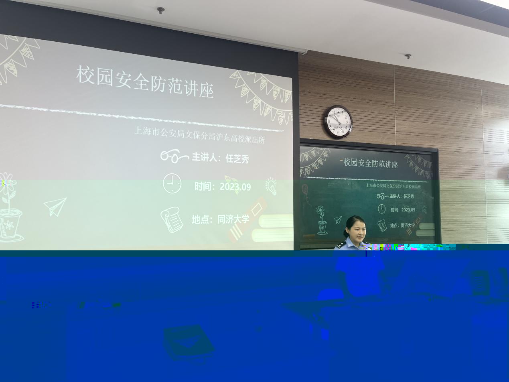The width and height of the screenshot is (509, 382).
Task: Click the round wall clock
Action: point(338,122)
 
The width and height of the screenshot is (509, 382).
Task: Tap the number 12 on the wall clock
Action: point(338,111)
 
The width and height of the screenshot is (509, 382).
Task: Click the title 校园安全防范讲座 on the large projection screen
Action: point(145,81)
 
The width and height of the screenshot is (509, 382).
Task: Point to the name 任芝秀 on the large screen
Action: point(237,159)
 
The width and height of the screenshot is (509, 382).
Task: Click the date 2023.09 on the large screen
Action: point(235,187)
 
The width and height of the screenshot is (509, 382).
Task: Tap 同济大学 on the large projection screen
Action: point(233,219)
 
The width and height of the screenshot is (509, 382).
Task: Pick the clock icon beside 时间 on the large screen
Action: point(172,183)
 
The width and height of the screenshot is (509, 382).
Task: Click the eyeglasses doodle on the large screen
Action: point(174,156)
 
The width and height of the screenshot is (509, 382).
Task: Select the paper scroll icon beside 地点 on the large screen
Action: point(172,219)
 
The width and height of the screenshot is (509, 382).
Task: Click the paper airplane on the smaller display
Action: point(338,219)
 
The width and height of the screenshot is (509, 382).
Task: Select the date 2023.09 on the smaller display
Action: point(408,210)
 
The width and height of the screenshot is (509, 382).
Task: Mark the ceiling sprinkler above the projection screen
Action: point(160,10)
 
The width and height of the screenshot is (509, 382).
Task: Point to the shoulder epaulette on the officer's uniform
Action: point(339,245)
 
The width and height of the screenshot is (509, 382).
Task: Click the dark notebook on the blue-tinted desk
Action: point(188,343)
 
